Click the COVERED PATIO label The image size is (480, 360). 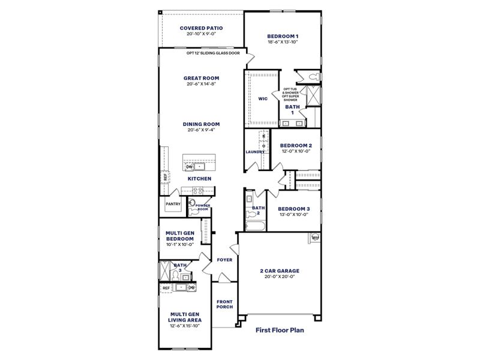click(x=201, y=28)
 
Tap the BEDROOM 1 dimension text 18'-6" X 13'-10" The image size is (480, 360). click(x=283, y=43)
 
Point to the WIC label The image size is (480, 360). click(x=262, y=99)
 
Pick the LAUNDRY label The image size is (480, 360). click(x=255, y=152)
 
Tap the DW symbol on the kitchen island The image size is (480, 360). click(x=189, y=167)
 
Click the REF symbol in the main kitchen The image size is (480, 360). click(x=165, y=177)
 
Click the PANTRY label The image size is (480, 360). click(x=173, y=203)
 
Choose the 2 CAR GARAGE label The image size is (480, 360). click(x=281, y=271)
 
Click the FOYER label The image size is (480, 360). click(x=224, y=260)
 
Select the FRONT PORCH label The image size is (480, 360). click(x=224, y=304)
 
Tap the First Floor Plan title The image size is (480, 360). click(x=280, y=329)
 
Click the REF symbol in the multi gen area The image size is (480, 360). click(x=166, y=288)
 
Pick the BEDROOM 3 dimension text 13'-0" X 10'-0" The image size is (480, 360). click(x=293, y=214)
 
